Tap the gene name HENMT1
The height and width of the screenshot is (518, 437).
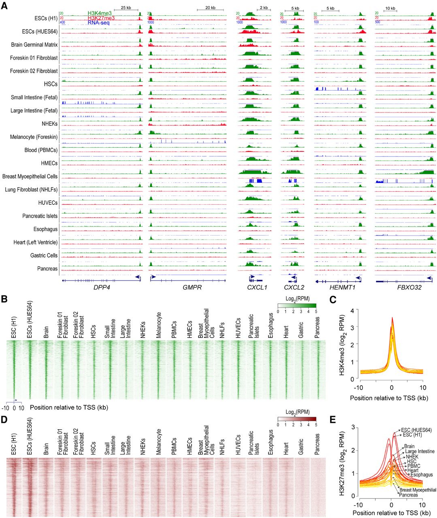point(339,288)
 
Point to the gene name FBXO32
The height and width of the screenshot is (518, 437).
point(404,288)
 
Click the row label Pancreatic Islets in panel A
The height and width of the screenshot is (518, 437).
point(40,216)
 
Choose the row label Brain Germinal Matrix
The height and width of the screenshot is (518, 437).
point(34,45)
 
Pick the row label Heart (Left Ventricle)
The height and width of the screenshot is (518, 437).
point(35,242)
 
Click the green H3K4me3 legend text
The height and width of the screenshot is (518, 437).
point(99,13)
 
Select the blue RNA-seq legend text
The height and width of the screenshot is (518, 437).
point(98,23)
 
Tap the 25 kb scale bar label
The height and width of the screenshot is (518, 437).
point(126,8)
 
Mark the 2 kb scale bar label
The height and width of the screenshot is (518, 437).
point(264,8)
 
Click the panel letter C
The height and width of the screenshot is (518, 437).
point(333,300)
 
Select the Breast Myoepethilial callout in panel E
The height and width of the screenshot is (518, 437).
point(418,490)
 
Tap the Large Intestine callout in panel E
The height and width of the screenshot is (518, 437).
point(420,451)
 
